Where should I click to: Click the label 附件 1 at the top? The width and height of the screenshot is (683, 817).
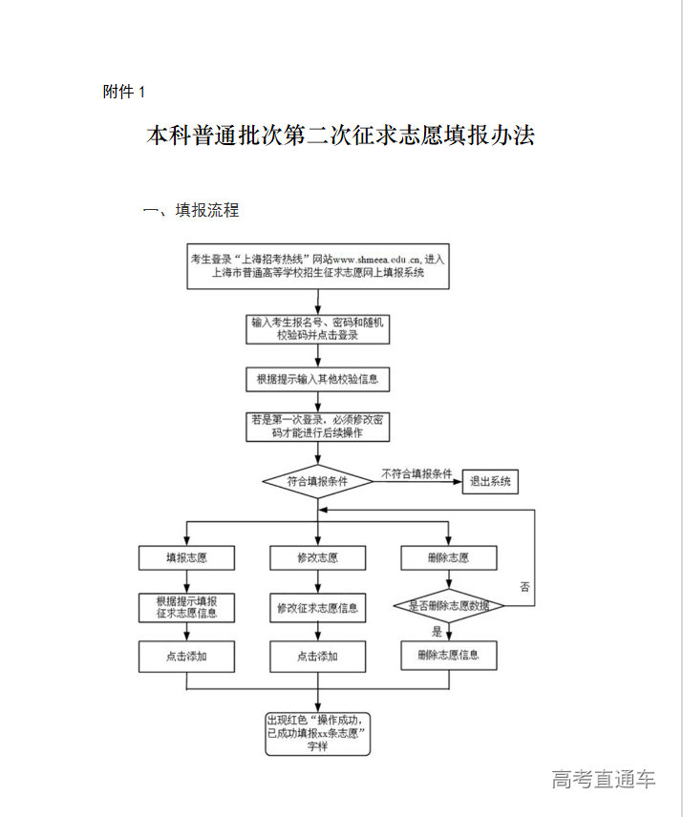pos(123,92)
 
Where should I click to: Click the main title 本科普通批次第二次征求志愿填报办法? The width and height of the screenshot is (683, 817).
pos(340,136)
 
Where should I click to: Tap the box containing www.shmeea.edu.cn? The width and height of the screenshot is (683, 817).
pos(317,265)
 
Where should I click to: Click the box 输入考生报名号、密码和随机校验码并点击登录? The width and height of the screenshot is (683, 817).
pos(317,328)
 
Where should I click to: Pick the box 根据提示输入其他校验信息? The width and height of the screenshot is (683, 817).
pos(317,379)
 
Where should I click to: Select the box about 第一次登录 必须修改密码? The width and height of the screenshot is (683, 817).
pos(317,426)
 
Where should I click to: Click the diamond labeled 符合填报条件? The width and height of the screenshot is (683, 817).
pos(317,482)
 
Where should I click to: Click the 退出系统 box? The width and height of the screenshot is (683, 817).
pos(489,482)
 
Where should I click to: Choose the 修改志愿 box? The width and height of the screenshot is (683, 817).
pos(317,557)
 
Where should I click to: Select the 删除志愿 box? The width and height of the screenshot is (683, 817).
pos(448,557)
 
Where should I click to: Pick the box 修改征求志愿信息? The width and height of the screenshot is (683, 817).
pos(317,607)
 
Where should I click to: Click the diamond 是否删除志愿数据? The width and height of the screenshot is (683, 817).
pos(448,605)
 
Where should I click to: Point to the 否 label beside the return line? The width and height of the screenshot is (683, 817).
pos(524,585)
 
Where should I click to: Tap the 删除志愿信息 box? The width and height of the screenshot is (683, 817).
pos(448,655)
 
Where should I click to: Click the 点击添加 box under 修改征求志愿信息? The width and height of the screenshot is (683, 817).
pos(317,656)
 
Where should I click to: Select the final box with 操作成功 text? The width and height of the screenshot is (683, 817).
pos(317,732)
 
